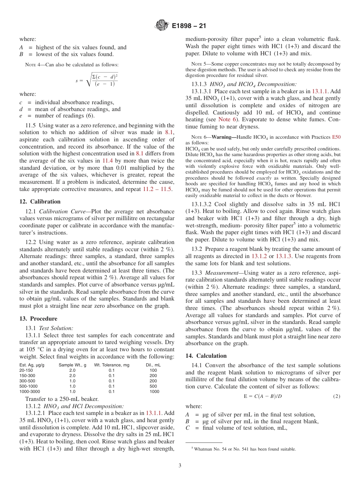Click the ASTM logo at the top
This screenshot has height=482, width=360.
(x=162, y=26)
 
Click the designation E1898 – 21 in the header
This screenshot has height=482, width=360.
(x=189, y=26)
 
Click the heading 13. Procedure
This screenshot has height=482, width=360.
(x=38, y=319)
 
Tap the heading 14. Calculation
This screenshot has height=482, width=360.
(x=206, y=356)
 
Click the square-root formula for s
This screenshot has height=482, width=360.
(x=97, y=80)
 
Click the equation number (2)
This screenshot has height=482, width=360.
(x=337, y=396)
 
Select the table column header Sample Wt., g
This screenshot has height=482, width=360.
(x=72, y=365)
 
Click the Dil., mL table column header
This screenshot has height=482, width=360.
(x=153, y=365)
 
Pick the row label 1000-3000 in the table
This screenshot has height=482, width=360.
(x=30, y=391)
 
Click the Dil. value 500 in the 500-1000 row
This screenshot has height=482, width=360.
(x=153, y=386)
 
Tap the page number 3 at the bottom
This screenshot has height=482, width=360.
(x=180, y=465)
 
